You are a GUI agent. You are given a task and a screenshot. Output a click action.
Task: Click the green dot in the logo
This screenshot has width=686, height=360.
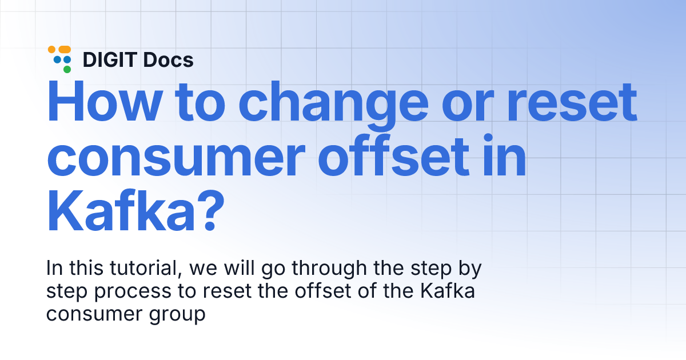(67, 69)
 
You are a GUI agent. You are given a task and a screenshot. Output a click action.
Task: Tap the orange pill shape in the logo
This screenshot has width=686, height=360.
(63, 50)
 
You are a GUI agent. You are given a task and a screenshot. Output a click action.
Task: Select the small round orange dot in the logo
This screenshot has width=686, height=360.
(51, 50)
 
